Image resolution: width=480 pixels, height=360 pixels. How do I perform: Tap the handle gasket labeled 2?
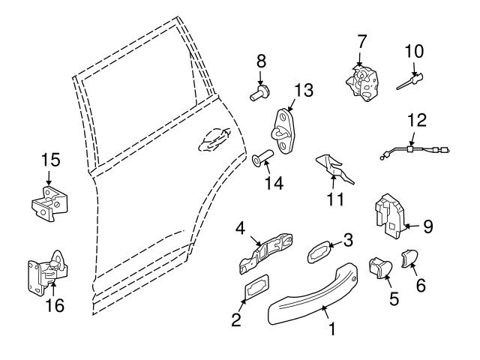click(254, 291)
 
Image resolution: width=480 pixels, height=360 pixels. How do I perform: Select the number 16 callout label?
click(54, 305)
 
